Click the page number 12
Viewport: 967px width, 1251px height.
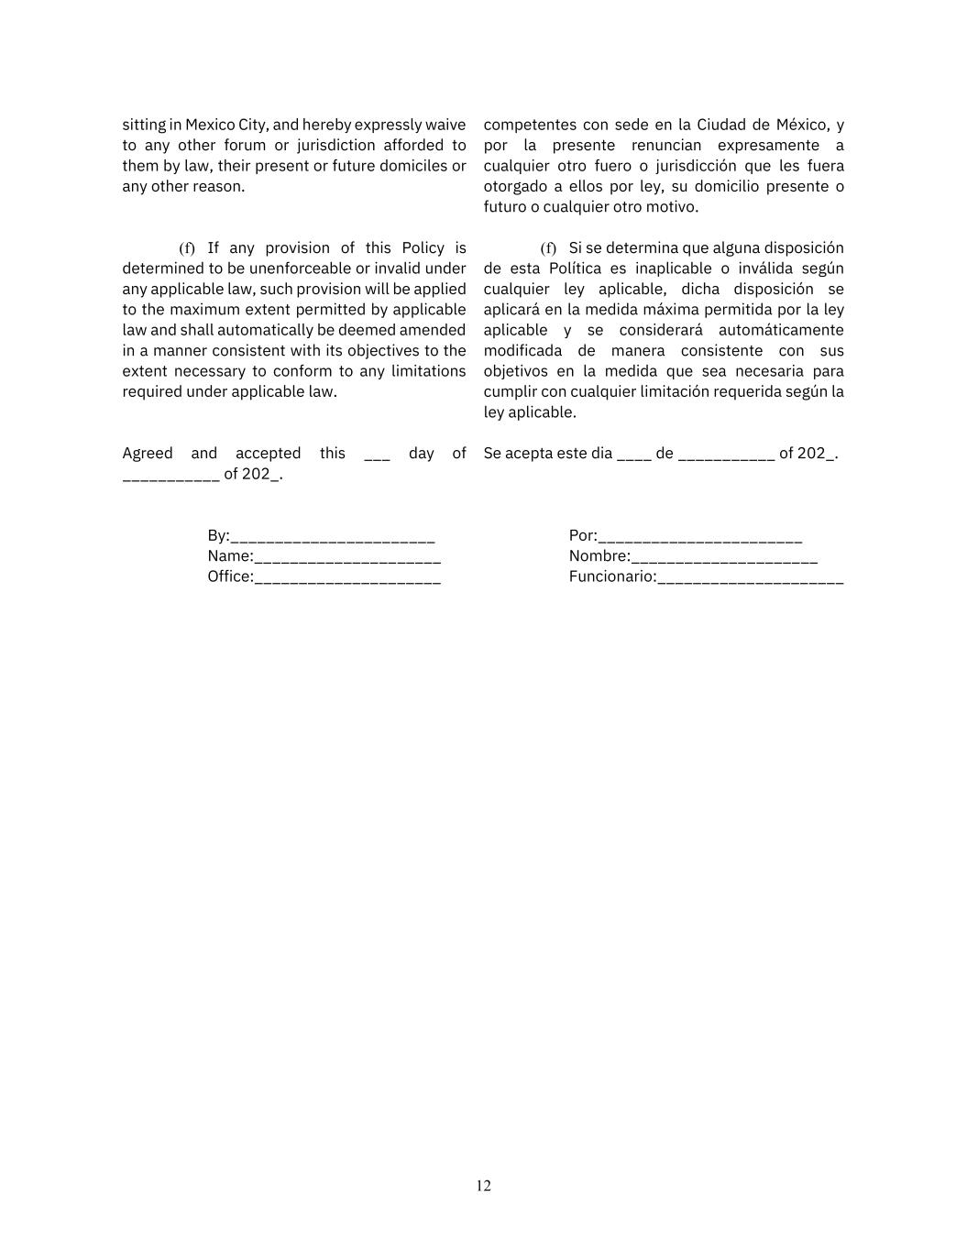483,1186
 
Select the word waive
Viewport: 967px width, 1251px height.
445,125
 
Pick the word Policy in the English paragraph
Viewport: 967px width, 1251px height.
423,248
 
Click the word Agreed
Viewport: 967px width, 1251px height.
148,454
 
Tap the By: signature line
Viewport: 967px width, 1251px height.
333,537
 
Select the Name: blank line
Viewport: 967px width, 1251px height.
347,557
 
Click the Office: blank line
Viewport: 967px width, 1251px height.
347,577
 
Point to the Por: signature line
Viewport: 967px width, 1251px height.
700,537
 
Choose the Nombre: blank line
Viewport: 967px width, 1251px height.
725,557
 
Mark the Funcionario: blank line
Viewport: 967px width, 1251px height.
751,577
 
